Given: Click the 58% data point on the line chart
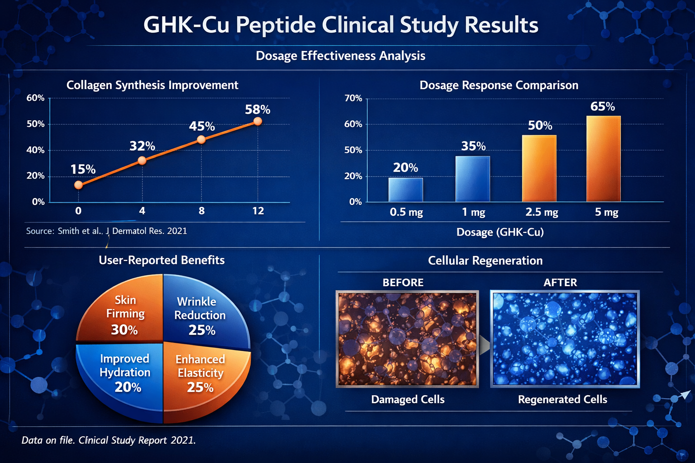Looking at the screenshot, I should [257, 121].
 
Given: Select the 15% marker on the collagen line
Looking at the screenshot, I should [78, 185].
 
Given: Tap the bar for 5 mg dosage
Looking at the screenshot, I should [603, 159].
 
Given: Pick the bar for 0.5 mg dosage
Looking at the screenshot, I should [405, 189].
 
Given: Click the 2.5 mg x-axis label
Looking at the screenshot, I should [542, 212].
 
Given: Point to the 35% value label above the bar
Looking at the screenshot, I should [473, 146].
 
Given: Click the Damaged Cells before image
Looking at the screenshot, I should [407, 339].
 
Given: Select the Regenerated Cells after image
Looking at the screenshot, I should [565, 339].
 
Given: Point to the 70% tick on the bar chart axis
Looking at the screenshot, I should [353, 98].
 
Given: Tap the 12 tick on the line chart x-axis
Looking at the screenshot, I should [258, 211].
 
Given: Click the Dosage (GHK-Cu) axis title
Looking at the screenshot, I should [500, 232].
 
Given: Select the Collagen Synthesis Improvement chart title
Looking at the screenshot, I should [152, 85].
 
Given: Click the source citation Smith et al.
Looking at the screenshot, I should [106, 231].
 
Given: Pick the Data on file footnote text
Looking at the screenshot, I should [109, 440].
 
